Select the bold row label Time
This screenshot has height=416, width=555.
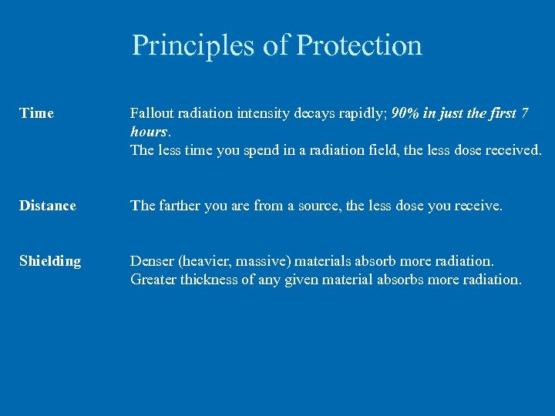click(37, 113)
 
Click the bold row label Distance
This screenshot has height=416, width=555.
click(48, 206)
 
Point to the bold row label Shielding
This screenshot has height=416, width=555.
click(50, 261)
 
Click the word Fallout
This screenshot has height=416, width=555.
click(152, 113)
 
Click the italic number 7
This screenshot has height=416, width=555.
click(525, 113)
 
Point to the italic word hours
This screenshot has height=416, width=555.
click(146, 132)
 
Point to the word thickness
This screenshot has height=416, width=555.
click(208, 280)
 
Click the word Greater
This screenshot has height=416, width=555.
click(153, 280)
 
